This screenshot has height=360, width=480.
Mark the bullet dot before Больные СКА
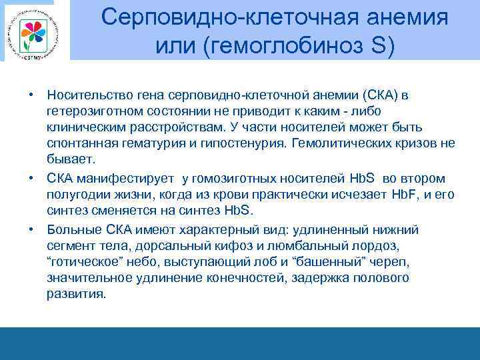[31, 229]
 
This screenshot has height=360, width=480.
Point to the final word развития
[75, 294]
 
